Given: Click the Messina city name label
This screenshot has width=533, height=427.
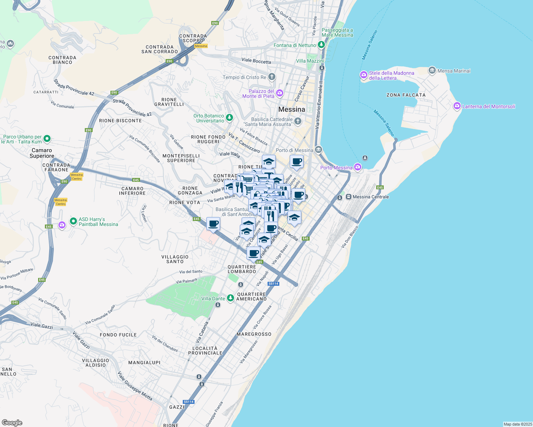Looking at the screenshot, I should (x=291, y=109).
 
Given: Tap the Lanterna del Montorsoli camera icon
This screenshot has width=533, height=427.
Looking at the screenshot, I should (x=457, y=106).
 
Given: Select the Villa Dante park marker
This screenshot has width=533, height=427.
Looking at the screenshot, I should (x=231, y=298).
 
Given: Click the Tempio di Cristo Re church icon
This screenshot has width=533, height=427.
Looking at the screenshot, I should (x=271, y=77).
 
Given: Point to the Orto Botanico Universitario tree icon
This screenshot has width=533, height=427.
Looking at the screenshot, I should (x=229, y=117).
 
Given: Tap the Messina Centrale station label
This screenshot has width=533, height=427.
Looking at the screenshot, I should (x=371, y=197).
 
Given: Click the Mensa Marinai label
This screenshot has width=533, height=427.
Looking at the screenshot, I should (x=454, y=71).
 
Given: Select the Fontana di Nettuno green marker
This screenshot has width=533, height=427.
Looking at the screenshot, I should (x=321, y=45).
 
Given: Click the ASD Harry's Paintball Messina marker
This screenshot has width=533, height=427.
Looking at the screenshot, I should (x=73, y=221).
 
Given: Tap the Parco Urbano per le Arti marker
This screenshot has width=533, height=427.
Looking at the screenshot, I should (x=47, y=138).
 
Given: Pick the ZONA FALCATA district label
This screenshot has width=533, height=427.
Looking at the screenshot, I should (x=406, y=95).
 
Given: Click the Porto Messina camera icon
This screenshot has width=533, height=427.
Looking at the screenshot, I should (x=358, y=167).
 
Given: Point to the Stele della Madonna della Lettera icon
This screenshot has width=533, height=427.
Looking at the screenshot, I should (x=363, y=75).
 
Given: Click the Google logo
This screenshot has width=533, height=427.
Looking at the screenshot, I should (x=12, y=423).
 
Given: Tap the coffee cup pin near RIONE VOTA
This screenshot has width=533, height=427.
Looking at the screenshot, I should (x=213, y=224).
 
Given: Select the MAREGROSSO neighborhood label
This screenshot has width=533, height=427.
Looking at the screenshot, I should (x=254, y=334).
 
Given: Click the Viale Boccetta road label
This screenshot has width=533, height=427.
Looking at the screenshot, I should (x=256, y=60).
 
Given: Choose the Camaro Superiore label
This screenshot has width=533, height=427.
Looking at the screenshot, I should (x=42, y=153).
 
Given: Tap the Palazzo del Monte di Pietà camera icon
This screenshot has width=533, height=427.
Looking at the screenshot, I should (x=279, y=93).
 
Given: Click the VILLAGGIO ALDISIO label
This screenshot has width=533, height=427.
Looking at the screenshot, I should (x=95, y=363).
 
